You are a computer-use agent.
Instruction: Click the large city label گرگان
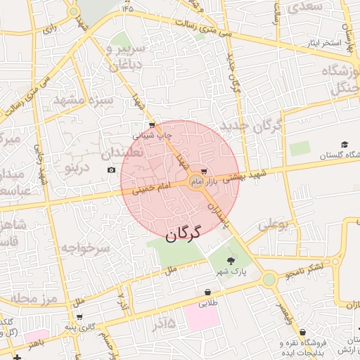(x=183, y=233)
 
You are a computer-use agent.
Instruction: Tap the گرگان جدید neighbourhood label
(x=251, y=126)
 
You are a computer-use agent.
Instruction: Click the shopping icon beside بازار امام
(x=204, y=171)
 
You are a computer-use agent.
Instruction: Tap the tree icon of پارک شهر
(x=231, y=261)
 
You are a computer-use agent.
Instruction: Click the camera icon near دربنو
(x=111, y=170)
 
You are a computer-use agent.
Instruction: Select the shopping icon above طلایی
(x=208, y=292)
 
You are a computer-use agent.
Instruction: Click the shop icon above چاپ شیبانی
(x=153, y=124)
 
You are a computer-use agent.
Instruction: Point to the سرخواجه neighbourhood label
(x=86, y=248)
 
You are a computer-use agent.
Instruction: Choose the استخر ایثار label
(x=323, y=44)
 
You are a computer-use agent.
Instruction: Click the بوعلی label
(x=274, y=226)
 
